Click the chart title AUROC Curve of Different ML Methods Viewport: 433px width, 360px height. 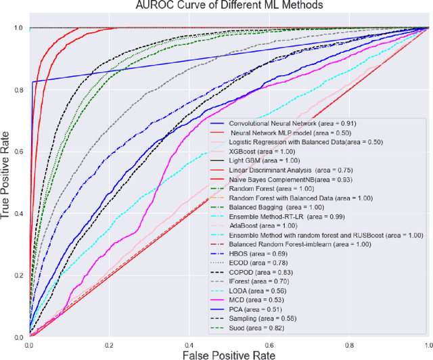pos(229,7)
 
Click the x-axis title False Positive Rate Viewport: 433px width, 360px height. pos(229,353)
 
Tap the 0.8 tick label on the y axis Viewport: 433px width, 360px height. pos(18,89)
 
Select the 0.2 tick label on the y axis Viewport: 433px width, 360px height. pos(18,275)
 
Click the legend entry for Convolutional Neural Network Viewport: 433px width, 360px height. pos(283,123)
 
